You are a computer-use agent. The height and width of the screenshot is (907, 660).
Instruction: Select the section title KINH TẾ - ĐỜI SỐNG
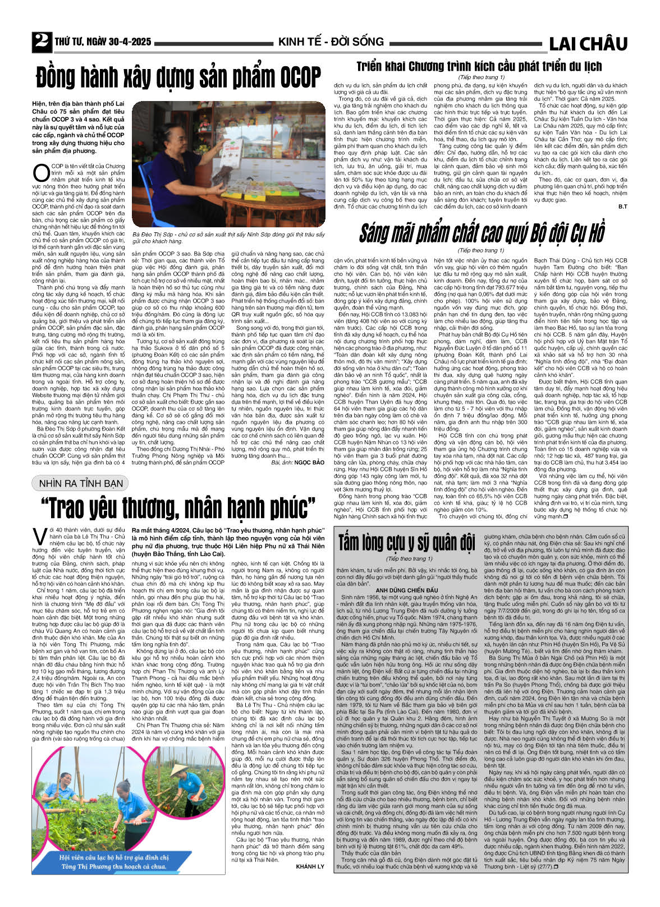coord(331,42)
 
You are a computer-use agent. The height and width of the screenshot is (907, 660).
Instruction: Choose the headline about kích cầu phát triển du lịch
coord(479,66)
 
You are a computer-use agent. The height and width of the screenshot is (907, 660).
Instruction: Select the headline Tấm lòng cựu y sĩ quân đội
coord(406,543)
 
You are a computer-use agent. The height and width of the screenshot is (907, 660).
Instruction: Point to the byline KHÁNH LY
coord(310,867)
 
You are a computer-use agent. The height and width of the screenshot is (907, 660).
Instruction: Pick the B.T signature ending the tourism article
coord(622,207)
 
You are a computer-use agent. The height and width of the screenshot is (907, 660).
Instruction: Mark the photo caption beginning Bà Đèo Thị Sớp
coord(228,237)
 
